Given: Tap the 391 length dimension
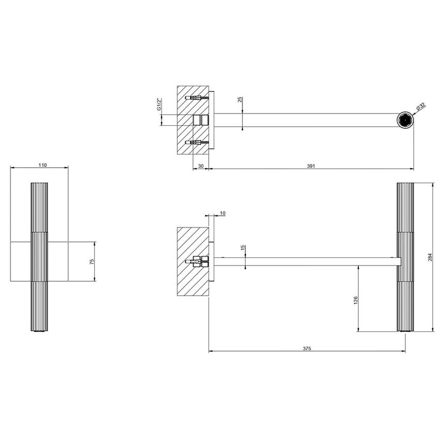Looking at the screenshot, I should [x=311, y=166].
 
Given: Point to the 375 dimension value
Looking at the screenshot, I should [x=306, y=349].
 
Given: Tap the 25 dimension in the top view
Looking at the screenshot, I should [x=240, y=99].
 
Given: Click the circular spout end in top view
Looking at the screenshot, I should [x=405, y=120].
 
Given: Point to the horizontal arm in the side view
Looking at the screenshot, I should [x=305, y=261].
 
